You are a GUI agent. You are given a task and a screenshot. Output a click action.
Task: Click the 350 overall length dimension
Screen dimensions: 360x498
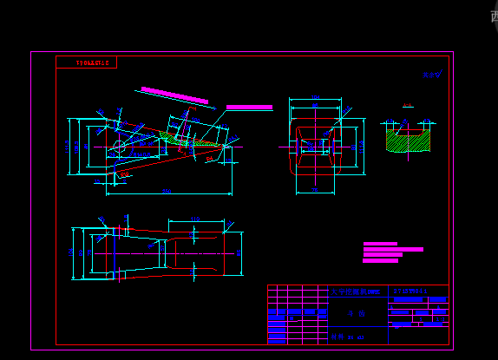pos(166,191)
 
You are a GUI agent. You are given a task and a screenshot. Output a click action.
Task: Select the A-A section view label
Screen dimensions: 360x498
pos(407,107)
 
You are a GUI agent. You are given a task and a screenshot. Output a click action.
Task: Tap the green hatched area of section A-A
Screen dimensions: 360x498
pos(408,141)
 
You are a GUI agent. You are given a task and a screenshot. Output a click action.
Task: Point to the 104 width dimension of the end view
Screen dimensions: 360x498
pos(315,97)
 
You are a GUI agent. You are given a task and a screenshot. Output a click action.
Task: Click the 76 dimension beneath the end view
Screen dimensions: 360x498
pos(315,190)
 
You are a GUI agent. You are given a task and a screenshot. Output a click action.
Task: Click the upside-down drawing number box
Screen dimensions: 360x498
pos(86,62)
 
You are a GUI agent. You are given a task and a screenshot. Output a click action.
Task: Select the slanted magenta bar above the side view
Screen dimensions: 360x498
pos(174,95)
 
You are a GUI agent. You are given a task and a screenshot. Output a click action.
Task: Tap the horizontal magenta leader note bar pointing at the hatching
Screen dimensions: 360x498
pos(249,108)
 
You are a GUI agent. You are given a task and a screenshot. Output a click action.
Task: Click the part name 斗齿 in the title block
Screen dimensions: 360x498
pos(351,315)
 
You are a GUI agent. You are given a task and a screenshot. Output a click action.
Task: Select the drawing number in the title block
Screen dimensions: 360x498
pos(410,291)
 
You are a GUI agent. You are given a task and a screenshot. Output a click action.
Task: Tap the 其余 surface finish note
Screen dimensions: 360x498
pos(431,75)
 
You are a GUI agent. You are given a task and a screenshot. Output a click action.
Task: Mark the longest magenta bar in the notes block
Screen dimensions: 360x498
pos(393,249)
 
